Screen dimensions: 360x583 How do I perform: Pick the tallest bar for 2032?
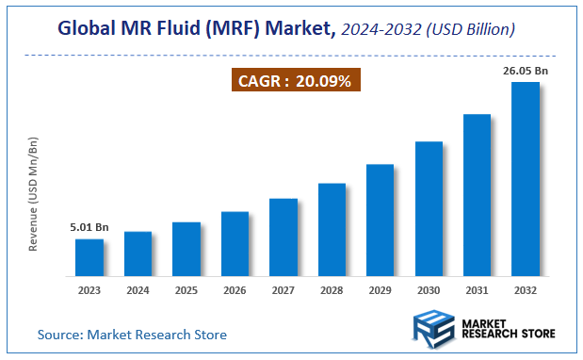point(525,179)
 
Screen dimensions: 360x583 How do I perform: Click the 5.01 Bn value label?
point(89,227)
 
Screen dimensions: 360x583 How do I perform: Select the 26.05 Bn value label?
point(525,71)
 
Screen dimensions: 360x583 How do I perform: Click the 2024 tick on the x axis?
point(138,289)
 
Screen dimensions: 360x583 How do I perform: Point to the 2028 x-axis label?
point(332,289)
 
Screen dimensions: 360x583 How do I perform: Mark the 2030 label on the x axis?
point(429,289)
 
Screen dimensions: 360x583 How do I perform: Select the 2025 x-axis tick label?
point(186,289)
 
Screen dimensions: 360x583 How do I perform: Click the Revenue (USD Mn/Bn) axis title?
point(34,193)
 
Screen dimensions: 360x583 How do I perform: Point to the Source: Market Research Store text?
point(132,335)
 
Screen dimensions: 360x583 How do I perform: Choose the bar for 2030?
point(429,208)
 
